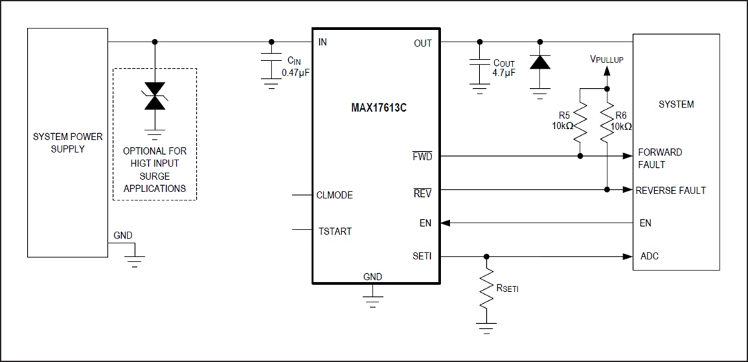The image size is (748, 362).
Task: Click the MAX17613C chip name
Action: click(x=378, y=108)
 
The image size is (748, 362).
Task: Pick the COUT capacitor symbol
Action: click(x=478, y=62)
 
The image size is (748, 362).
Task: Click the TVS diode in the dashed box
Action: click(x=154, y=96)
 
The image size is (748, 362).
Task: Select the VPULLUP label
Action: click(x=607, y=60)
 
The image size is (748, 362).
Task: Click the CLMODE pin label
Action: click(x=335, y=196)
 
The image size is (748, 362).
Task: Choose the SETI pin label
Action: click(x=422, y=257)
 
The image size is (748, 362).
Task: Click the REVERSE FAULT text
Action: click(x=670, y=190)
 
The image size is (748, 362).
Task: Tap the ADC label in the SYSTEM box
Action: click(x=650, y=257)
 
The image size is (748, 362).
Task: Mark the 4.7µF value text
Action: click(x=504, y=73)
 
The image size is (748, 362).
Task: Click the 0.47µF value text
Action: click(x=295, y=73)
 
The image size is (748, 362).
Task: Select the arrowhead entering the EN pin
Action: click(x=445, y=223)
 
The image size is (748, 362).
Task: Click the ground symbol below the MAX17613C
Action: click(x=373, y=299)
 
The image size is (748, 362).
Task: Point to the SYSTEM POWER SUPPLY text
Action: click(x=68, y=143)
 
